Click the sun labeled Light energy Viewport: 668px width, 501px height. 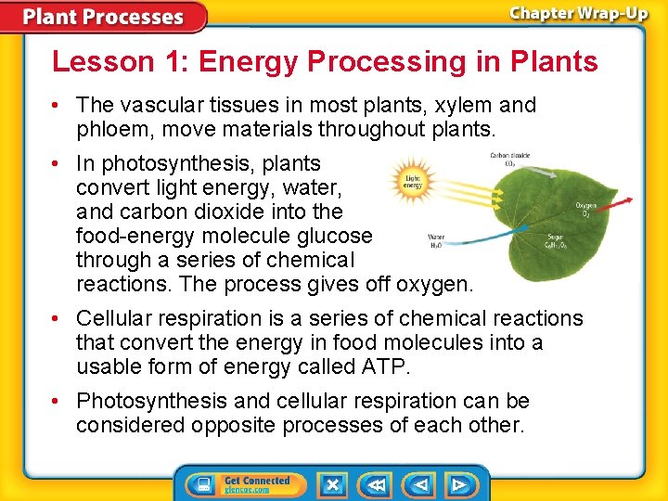[413, 182]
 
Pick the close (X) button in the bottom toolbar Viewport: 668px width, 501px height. [332, 484]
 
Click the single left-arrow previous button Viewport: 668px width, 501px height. [420, 484]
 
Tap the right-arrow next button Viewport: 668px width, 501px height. [458, 484]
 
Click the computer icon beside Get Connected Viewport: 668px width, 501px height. [199, 484]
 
